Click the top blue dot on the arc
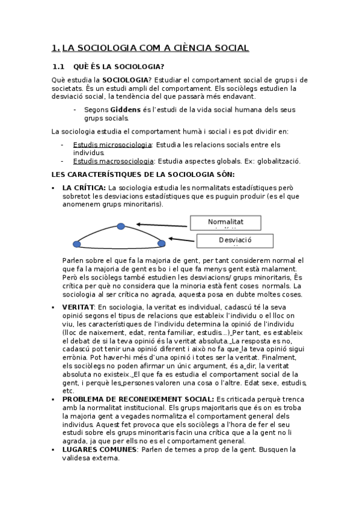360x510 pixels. pyautogui.click(x=121, y=226)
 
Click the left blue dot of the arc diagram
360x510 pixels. pyautogui.click(x=77, y=244)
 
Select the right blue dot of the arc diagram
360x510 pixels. pyautogui.click(x=161, y=244)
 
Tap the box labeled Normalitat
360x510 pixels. pyautogui.click(x=226, y=223)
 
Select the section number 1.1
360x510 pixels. pyautogui.click(x=58, y=67)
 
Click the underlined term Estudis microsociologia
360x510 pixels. pyautogui.click(x=112, y=145)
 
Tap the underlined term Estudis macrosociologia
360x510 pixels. pyautogui.click(x=112, y=161)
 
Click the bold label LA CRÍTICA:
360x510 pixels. pyautogui.click(x=84, y=188)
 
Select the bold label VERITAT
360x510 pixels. pyautogui.click(x=78, y=307)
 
